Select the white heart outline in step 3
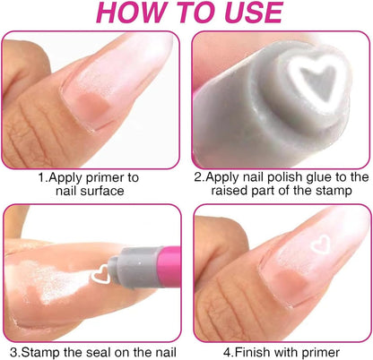[x=100, y=274]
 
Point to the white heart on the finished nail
[x=321, y=244]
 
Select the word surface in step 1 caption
[x=103, y=191]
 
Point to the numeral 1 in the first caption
[x=42, y=177]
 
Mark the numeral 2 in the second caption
[x=198, y=177]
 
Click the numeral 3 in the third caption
[x=13, y=352]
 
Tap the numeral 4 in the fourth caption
[x=228, y=352]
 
